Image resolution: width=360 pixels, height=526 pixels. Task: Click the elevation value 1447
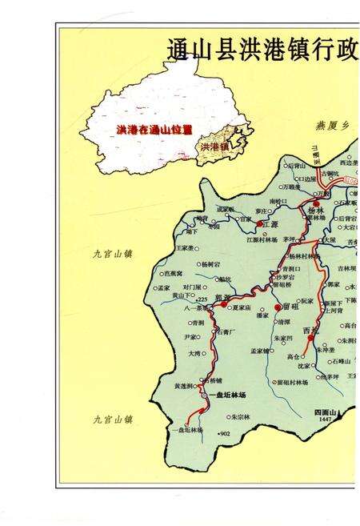(x=323, y=420)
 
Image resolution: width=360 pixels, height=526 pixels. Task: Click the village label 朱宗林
(x=242, y=416)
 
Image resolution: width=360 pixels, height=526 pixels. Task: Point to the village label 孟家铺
(x=264, y=350)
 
